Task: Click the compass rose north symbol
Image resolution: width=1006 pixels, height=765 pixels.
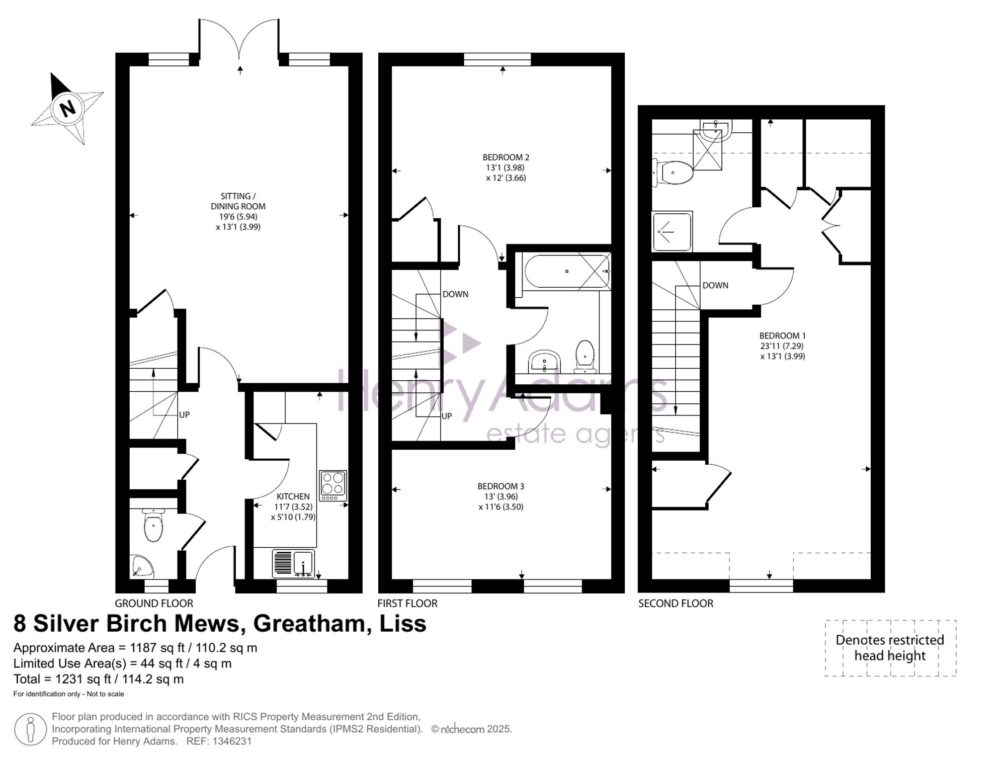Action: tap(67, 108)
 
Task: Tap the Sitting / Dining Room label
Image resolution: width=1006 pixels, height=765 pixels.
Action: tap(238, 211)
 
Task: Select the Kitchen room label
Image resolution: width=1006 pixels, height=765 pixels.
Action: tap(293, 506)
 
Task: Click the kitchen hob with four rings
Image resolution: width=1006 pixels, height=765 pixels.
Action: tap(333, 485)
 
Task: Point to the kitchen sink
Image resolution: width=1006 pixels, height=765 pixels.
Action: tap(294, 563)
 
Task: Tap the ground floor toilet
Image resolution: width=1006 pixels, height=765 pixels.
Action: tap(153, 525)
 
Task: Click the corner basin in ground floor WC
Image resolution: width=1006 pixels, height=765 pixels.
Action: tap(142, 566)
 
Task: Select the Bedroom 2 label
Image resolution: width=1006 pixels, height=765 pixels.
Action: tap(506, 167)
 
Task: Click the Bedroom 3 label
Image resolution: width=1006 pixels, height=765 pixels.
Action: tap(501, 496)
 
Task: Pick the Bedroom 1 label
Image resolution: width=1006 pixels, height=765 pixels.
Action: tap(783, 346)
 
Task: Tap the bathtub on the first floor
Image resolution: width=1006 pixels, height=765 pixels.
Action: tap(566, 272)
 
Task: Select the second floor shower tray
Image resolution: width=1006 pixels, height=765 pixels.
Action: tap(672, 231)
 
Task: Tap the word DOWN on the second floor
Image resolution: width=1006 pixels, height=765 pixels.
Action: tap(715, 285)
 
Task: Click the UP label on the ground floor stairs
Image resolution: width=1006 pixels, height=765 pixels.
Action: tap(185, 414)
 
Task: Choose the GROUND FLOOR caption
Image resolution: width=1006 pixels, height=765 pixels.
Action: tap(154, 603)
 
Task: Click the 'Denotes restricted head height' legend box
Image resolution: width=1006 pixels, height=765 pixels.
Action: tap(890, 648)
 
